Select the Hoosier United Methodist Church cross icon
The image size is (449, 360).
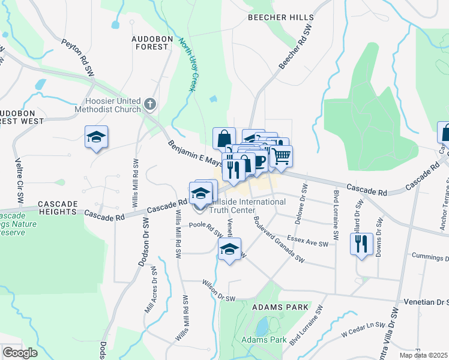[x=149, y=105]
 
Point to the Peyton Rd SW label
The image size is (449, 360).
[x=79, y=58]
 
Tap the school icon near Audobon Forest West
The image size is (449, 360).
[x=96, y=138]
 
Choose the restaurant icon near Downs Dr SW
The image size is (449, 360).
[x=361, y=244]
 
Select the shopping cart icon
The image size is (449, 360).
[x=281, y=156]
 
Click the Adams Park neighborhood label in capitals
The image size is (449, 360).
[x=280, y=307]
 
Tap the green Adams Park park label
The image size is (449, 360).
[x=264, y=340]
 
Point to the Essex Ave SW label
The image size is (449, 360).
[x=308, y=241]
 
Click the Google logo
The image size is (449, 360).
[x=20, y=353]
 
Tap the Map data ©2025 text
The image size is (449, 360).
[x=423, y=355]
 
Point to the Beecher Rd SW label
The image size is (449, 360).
[x=296, y=47]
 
